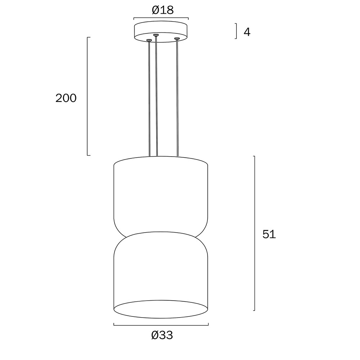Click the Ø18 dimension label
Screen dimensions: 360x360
[x=163, y=10]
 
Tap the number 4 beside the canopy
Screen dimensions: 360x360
[x=247, y=32]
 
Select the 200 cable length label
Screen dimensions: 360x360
[x=66, y=98]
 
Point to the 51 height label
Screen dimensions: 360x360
[x=269, y=234]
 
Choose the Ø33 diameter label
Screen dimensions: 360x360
[x=162, y=335]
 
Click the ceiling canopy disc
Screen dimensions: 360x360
[x=161, y=32]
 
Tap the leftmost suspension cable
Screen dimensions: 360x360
[x=149, y=99]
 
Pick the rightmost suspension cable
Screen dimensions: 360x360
[x=177, y=98]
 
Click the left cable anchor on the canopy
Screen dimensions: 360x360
[x=149, y=40]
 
